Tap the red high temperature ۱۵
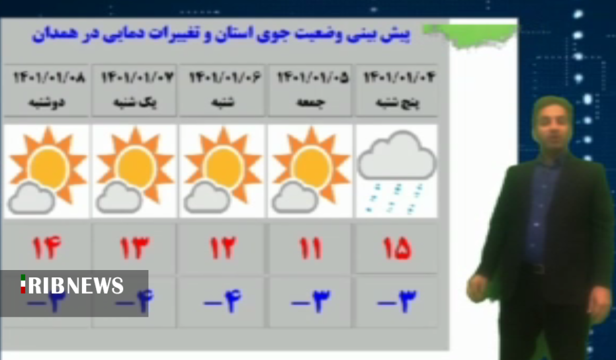point(397,248)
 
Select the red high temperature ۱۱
point(310,248)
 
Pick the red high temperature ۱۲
point(223,248)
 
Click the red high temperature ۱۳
point(135,248)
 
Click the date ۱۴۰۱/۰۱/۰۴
point(400,78)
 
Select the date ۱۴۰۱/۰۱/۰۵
point(312,78)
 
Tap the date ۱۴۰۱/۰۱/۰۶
point(225,78)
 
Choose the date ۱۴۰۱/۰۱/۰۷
point(137,78)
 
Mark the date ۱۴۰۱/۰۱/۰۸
point(49,78)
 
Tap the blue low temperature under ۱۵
point(397,302)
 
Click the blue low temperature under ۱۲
point(223,302)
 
